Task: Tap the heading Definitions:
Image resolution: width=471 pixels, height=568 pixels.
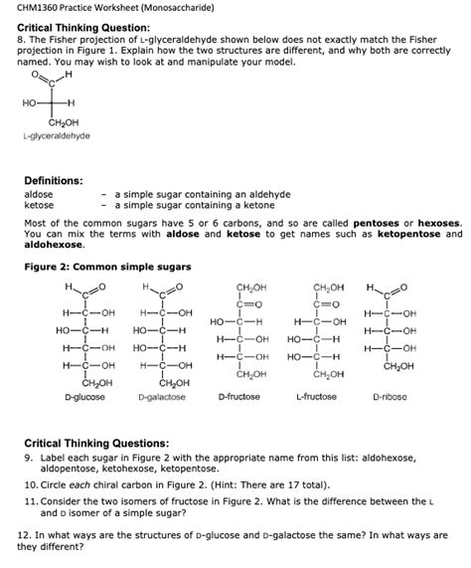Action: click(57, 180)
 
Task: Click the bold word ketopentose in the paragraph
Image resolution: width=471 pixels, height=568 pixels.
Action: click(417, 234)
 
